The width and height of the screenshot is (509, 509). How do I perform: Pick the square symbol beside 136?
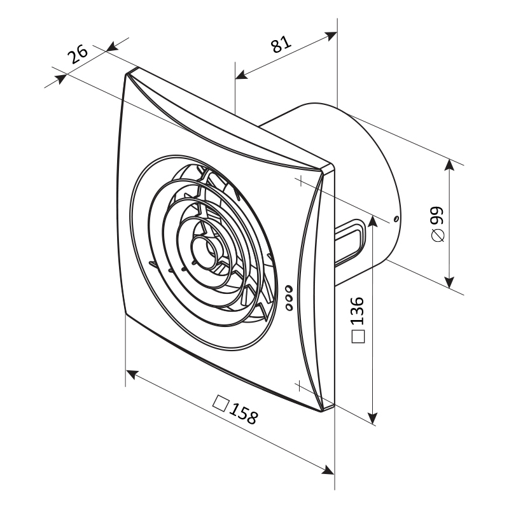pyautogui.click(x=358, y=337)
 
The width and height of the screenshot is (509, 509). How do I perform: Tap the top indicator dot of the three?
pyautogui.click(x=289, y=287)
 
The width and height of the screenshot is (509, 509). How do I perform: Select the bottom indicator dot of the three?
pyautogui.click(x=289, y=307)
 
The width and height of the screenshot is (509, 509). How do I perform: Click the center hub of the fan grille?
pyautogui.click(x=207, y=249)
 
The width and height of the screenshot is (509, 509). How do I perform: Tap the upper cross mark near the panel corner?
pyautogui.click(x=298, y=180)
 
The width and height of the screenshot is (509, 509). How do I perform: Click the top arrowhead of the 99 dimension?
pyautogui.click(x=450, y=164)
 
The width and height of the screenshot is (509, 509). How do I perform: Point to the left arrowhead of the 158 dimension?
pyautogui.click(x=130, y=373)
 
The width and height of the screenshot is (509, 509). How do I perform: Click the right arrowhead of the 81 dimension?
pyautogui.click(x=332, y=36)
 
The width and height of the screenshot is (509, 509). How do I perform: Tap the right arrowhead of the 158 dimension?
pyautogui.click(x=330, y=471)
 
